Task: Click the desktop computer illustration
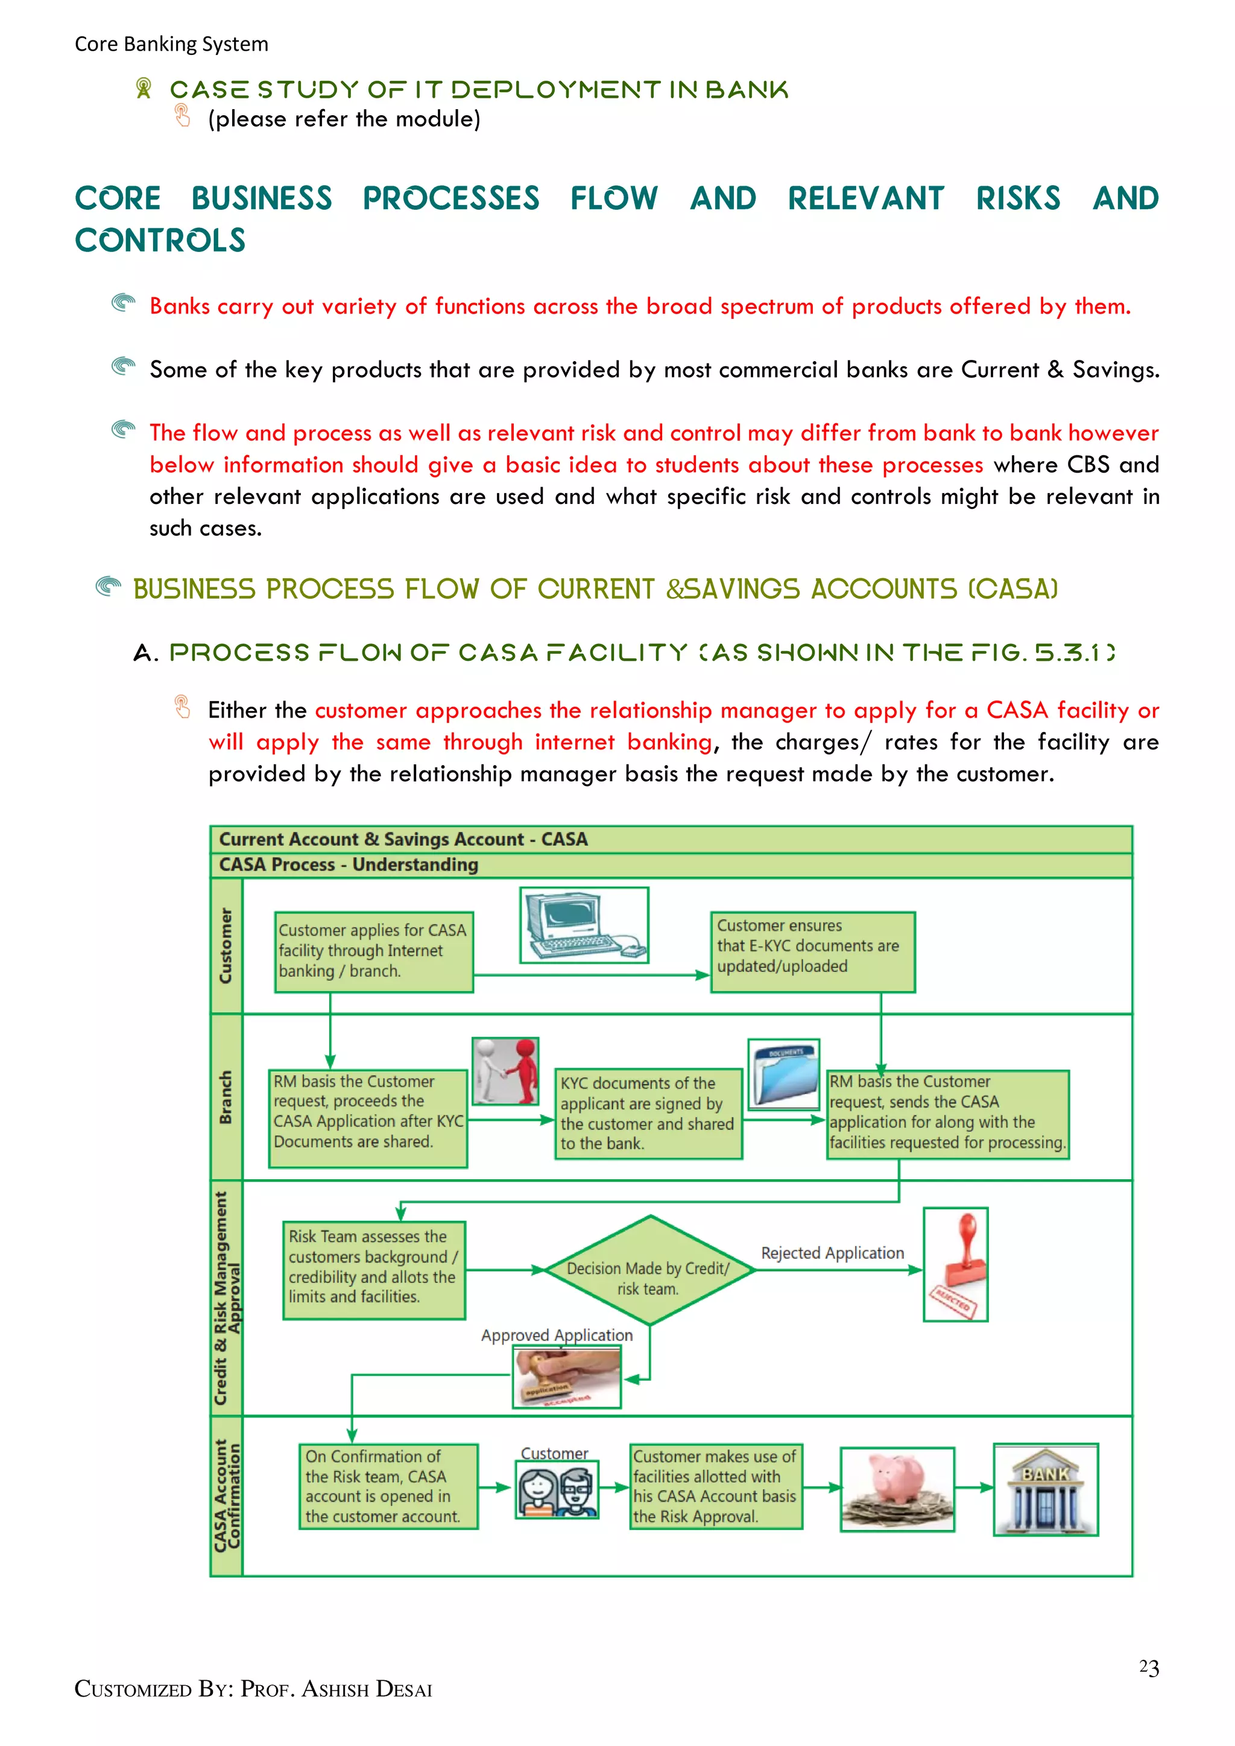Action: pos(584,925)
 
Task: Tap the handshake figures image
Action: pos(506,1071)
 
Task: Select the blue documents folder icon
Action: pos(784,1074)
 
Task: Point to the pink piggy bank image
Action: pos(897,1489)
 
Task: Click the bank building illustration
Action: pos(1046,1490)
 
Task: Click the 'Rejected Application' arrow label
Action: pos(833,1252)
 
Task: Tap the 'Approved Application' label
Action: pos(557,1335)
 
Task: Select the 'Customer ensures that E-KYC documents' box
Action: pos(812,951)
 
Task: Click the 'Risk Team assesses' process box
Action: pos(373,1270)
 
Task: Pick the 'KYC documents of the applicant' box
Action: pos(648,1114)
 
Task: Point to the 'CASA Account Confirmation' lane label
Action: pos(227,1495)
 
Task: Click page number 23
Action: pos(1148,1668)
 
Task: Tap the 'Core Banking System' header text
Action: pos(171,44)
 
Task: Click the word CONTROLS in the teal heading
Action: pos(160,241)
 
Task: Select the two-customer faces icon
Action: pos(557,1490)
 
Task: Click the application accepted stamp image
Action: pos(567,1377)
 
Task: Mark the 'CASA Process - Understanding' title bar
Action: pos(349,865)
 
